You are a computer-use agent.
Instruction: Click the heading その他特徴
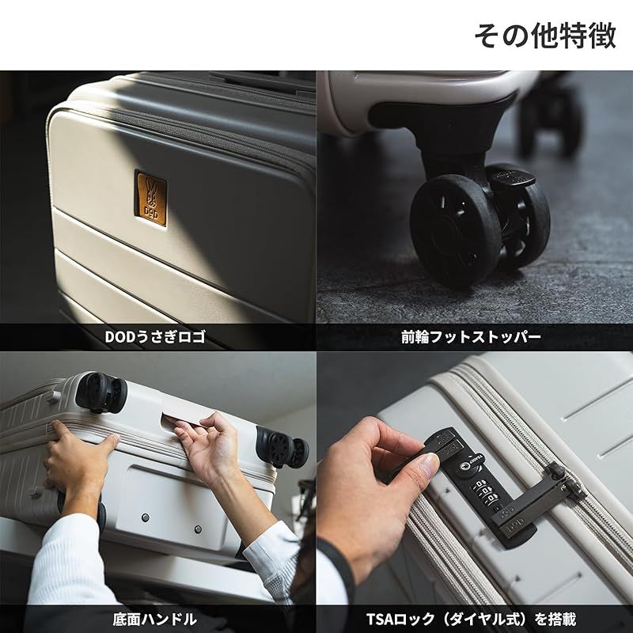(x=544, y=36)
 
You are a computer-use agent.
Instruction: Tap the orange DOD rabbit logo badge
(x=150, y=199)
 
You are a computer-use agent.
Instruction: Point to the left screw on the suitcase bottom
(x=145, y=517)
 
